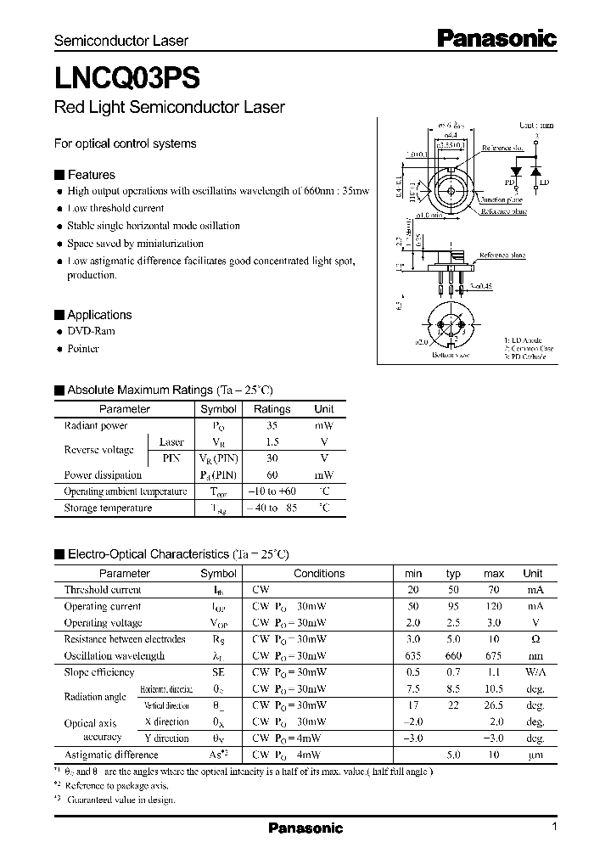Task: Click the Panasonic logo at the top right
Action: [x=496, y=38]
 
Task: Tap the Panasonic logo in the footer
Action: [x=305, y=828]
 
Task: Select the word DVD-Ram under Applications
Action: [x=91, y=331]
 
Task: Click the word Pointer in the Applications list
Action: [x=83, y=348]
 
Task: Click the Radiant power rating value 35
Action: [x=272, y=426]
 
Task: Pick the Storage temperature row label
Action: [x=108, y=508]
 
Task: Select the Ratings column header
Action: [x=272, y=409]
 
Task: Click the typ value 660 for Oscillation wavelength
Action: [x=454, y=656]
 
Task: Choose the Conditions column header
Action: [x=319, y=574]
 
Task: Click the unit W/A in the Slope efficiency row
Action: [x=533, y=672]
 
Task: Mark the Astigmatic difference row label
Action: [x=111, y=755]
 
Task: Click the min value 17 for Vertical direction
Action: [x=413, y=705]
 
